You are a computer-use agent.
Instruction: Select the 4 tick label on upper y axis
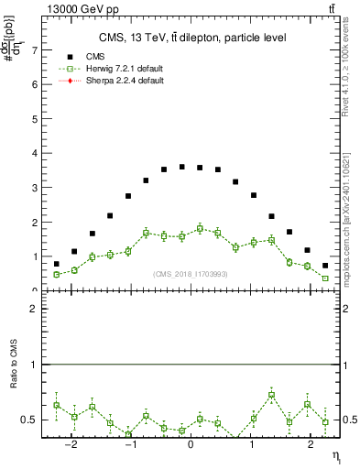click(x=35, y=153)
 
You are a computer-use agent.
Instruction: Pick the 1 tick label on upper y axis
click(x=35, y=256)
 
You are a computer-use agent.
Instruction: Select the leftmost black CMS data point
click(x=56, y=264)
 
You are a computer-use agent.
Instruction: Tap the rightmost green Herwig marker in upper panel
click(x=325, y=278)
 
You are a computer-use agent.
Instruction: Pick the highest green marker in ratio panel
click(x=272, y=395)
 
